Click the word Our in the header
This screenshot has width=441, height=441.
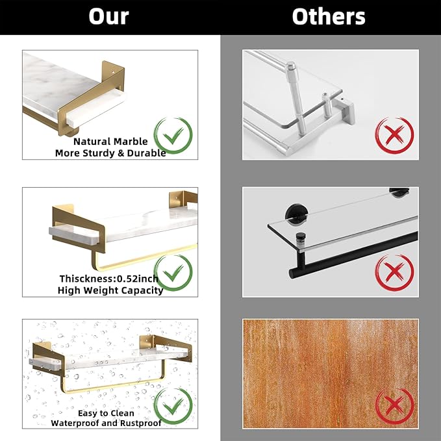(108, 17)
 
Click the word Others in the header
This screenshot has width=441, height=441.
(329, 17)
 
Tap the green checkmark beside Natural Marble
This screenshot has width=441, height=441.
(173, 136)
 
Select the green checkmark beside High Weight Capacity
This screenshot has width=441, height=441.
(173, 273)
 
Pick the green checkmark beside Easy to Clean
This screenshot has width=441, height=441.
(173, 407)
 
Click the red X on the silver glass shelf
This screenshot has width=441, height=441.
(394, 136)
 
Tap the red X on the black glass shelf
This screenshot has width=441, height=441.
(394, 273)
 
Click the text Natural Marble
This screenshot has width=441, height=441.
(110, 141)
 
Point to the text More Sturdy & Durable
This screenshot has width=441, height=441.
(110, 153)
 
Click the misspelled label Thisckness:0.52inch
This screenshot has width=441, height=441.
(109, 279)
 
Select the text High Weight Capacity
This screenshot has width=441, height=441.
(110, 290)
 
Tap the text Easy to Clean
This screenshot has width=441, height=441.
(106, 413)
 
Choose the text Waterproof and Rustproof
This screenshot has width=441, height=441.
(106, 423)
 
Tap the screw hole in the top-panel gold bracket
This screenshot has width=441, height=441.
(114, 72)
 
